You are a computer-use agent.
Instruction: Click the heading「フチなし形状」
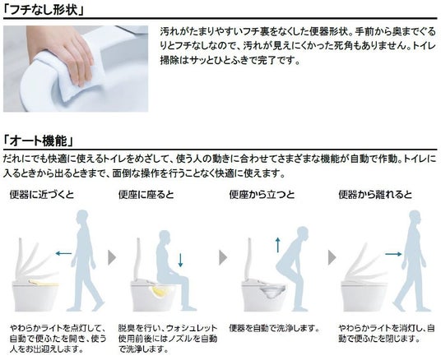click(x=44, y=10)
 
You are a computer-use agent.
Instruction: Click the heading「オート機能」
click(x=38, y=141)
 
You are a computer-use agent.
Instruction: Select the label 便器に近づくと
click(x=42, y=195)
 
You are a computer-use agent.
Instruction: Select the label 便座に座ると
click(x=146, y=195)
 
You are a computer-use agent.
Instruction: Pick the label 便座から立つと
click(x=262, y=195)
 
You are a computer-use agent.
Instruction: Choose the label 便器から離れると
click(x=375, y=195)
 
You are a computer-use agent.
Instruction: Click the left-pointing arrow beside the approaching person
click(x=64, y=253)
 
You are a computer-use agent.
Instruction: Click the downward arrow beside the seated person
click(x=180, y=260)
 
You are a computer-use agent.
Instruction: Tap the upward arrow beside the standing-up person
click(x=278, y=245)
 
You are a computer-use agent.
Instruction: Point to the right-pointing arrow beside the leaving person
click(x=393, y=254)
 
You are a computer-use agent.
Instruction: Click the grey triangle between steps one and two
click(x=112, y=257)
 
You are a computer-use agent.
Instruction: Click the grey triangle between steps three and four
click(x=332, y=257)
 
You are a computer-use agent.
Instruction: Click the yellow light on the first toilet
click(x=44, y=282)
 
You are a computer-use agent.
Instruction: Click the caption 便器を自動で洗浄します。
click(x=275, y=328)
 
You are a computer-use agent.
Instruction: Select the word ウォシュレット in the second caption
click(x=192, y=328)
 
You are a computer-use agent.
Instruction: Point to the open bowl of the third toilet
click(x=272, y=293)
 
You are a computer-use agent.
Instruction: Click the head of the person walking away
click(x=415, y=217)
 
